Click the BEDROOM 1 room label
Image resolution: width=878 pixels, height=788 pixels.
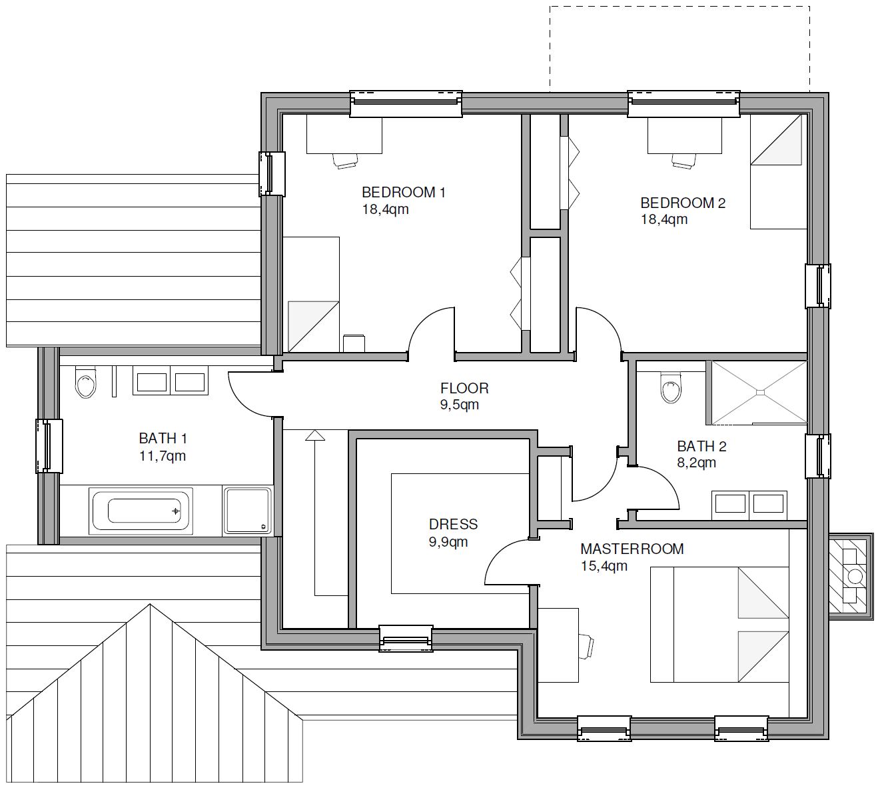(404, 192)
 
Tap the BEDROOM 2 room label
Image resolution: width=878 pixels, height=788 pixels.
(683, 203)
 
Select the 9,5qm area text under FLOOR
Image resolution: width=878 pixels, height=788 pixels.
(460, 405)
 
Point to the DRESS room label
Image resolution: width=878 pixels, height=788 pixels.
(453, 524)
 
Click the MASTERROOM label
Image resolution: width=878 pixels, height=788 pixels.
(632, 549)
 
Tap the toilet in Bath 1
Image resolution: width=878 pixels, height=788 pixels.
(85, 382)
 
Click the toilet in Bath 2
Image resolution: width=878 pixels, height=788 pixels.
(671, 387)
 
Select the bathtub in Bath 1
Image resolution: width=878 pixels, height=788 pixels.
(141, 511)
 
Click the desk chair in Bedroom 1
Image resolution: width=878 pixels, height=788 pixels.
(345, 161)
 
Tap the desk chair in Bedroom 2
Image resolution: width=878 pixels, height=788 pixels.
(685, 161)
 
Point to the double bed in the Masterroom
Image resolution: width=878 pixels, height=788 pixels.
(719, 625)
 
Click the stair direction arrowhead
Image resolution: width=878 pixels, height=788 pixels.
(315, 435)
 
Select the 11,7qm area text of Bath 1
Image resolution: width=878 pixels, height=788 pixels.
(162, 456)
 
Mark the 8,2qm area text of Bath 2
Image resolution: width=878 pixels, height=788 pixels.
(696, 463)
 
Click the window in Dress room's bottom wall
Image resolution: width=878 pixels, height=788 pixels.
(406, 639)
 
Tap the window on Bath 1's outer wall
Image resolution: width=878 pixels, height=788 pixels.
(49, 446)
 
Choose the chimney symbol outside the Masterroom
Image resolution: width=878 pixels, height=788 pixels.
(851, 577)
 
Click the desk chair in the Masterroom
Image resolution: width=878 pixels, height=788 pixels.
(586, 647)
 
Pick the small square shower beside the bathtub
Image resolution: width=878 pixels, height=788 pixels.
(247, 511)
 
